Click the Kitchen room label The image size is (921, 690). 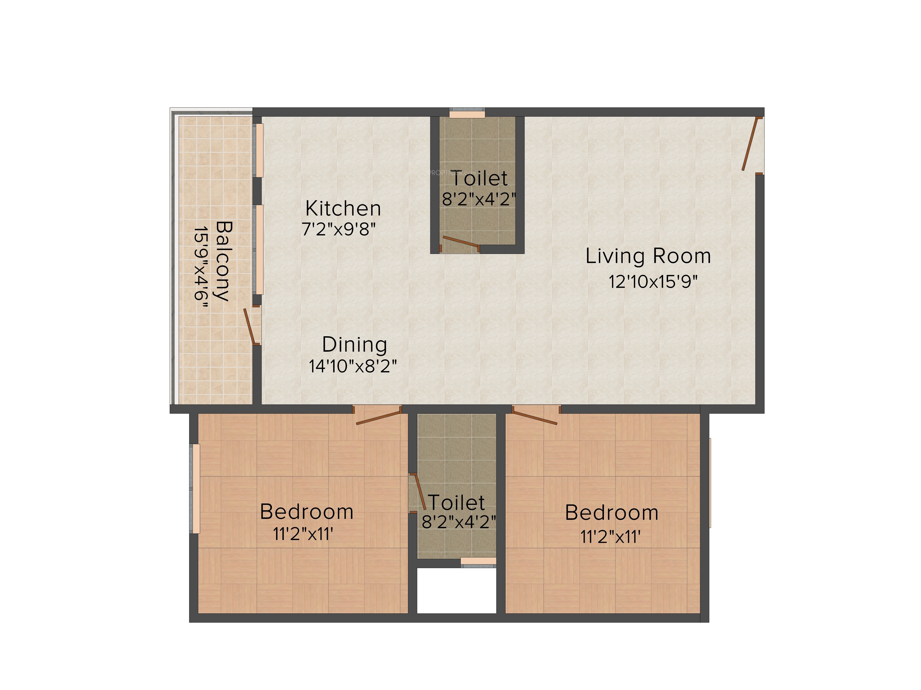coord(343,208)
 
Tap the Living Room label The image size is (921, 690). coord(648,256)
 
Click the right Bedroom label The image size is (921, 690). coord(612,512)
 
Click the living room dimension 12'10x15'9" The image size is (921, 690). coord(653,282)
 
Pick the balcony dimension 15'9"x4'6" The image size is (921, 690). coord(201,268)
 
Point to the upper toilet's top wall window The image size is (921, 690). coord(467,113)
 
